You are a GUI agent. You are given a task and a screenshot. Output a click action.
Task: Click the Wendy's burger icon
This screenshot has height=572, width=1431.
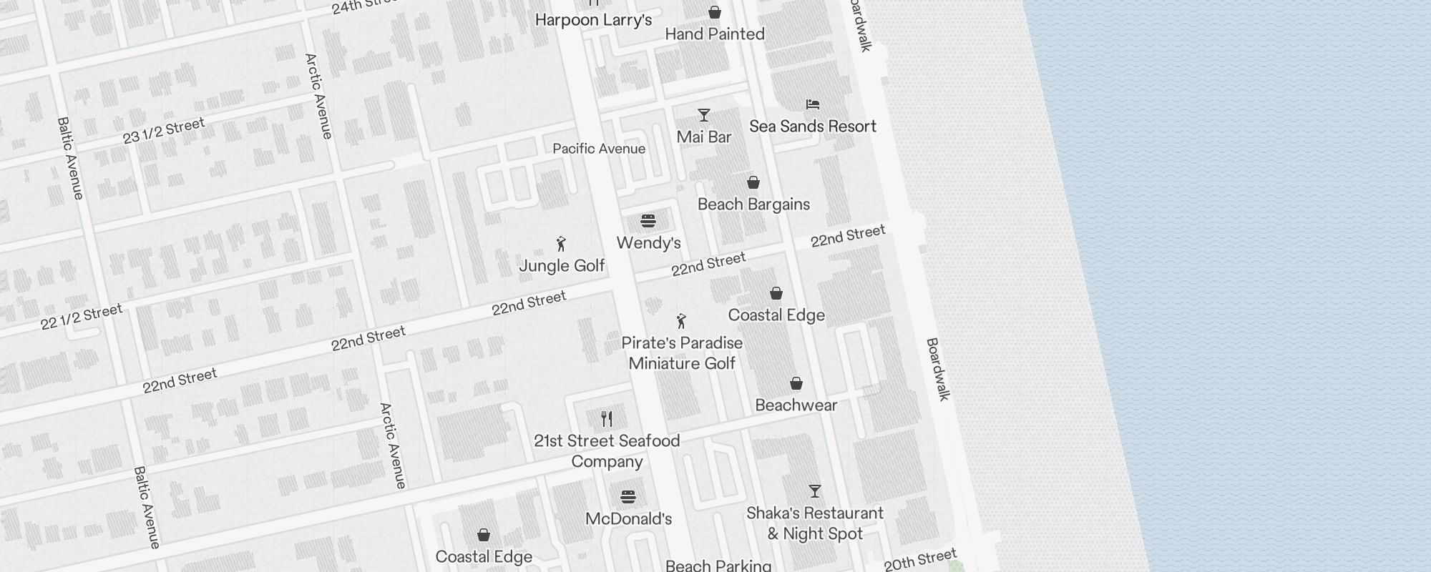(648, 221)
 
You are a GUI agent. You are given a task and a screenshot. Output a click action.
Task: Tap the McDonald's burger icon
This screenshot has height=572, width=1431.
(628, 497)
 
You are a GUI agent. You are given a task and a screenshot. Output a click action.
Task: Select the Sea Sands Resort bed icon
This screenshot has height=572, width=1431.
(813, 104)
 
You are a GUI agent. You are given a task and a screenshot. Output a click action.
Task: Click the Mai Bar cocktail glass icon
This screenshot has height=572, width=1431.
(704, 115)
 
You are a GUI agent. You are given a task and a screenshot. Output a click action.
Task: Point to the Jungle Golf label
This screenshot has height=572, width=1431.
(562, 266)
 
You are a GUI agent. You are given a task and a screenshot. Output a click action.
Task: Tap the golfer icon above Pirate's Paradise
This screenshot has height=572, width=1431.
(681, 321)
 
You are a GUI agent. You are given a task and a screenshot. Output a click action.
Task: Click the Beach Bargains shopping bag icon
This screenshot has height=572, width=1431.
(753, 182)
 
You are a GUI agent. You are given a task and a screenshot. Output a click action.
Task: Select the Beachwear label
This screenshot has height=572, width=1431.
(796, 405)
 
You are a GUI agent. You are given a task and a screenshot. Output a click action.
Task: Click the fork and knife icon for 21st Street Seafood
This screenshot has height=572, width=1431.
(607, 418)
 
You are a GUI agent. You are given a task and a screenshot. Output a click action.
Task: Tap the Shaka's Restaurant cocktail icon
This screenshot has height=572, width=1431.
(815, 491)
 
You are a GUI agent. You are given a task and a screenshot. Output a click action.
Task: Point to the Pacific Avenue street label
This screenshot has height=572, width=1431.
(599, 149)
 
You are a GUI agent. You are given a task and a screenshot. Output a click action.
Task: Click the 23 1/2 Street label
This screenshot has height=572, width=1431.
(164, 131)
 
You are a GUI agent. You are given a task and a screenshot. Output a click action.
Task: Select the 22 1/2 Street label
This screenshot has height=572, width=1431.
(82, 317)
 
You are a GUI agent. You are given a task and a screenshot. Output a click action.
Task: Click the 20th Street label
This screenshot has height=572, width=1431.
(920, 560)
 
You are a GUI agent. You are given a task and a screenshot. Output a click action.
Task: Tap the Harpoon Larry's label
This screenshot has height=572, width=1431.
(593, 20)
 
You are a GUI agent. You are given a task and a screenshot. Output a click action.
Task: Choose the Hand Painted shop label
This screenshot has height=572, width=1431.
(715, 34)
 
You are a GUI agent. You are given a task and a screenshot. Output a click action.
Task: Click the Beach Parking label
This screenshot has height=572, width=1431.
(718, 566)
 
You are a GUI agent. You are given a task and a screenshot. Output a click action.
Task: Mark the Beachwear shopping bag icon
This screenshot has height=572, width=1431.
(796, 384)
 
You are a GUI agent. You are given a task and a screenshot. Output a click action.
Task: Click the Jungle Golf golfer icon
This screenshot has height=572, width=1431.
(562, 245)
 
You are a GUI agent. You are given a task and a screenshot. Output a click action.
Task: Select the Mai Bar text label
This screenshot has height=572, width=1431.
(704, 137)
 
